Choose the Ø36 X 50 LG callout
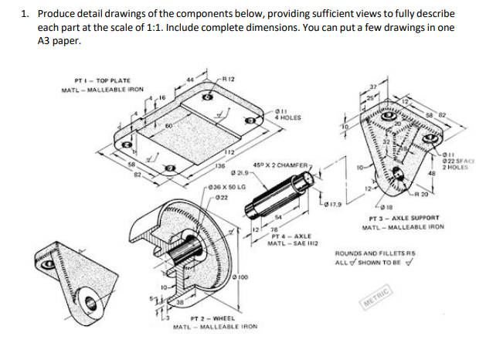click(226, 188)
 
